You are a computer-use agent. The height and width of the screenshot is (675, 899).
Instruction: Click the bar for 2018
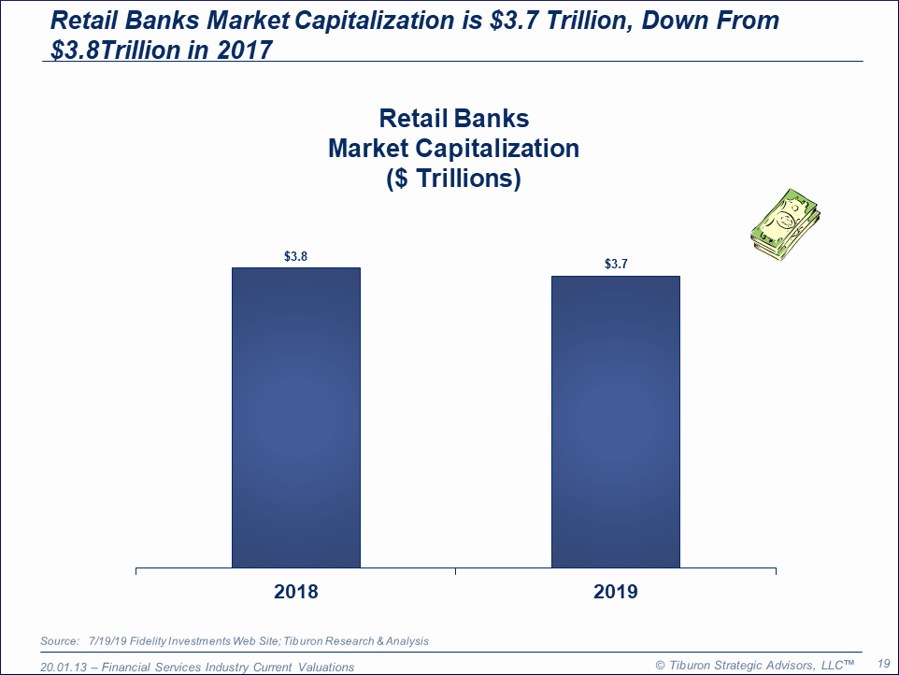click(x=296, y=418)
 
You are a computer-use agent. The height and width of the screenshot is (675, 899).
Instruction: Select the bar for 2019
click(x=616, y=422)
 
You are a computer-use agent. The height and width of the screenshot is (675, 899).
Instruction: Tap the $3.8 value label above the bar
click(x=296, y=256)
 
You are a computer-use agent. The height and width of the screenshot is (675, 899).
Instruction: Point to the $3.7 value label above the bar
click(x=617, y=264)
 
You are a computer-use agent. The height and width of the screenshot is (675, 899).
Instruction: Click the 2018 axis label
click(x=296, y=591)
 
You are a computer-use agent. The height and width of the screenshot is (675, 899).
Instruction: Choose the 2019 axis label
click(x=616, y=591)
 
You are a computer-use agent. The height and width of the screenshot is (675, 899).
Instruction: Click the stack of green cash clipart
click(x=786, y=224)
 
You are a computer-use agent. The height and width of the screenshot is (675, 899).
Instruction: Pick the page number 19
click(x=883, y=664)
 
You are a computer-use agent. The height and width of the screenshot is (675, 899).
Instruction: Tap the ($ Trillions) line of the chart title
click(x=453, y=179)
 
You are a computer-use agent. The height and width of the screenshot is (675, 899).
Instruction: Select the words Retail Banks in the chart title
click(x=454, y=119)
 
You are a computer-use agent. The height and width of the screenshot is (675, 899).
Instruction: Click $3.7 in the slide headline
click(x=516, y=21)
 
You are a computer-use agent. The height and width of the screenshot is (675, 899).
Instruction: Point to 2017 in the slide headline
click(x=245, y=50)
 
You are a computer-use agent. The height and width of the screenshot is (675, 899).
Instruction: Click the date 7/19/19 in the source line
click(x=107, y=641)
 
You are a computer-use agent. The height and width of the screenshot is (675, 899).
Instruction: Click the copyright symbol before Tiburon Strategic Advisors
click(x=660, y=666)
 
